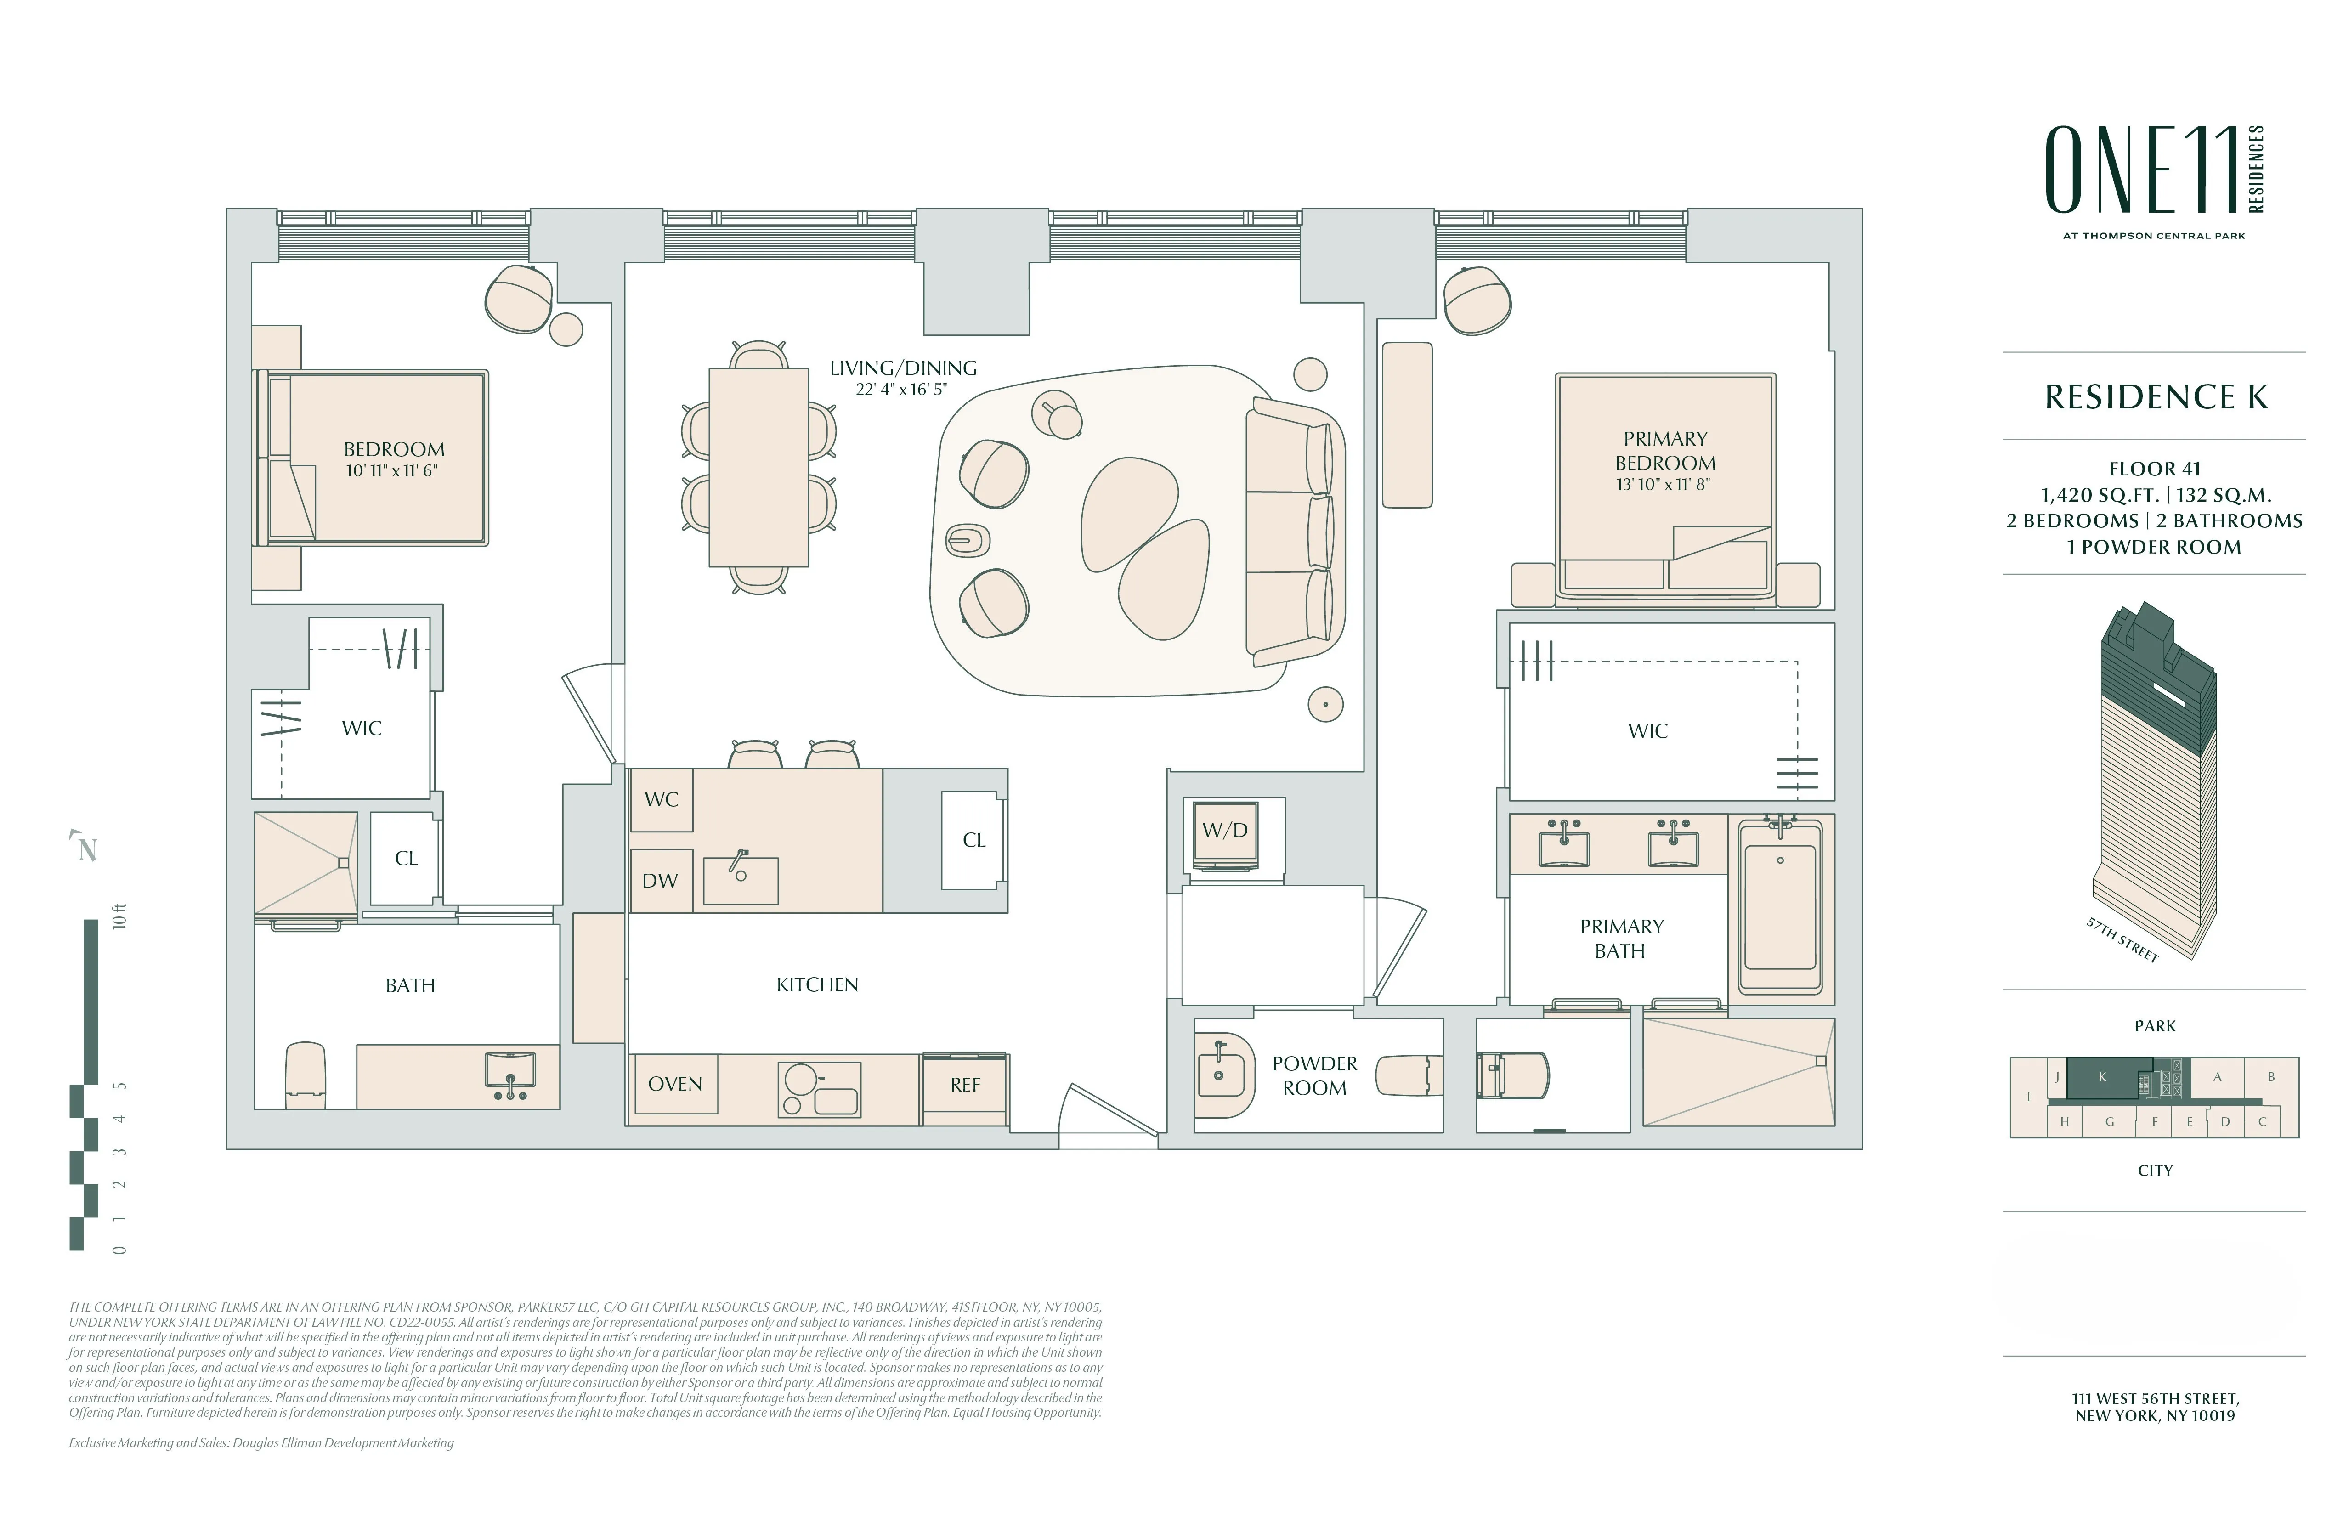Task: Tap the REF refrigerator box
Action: [x=965, y=1085]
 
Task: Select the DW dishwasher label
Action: [x=660, y=881]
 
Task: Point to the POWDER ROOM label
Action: [x=1314, y=1076]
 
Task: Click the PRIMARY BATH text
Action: [x=1620, y=938]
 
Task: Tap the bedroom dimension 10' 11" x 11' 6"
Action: [x=392, y=471]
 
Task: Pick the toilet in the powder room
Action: [x=1408, y=1076]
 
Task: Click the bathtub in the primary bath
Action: [x=1780, y=905]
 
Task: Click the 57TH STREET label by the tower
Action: [x=2122, y=940]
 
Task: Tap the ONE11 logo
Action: [x=2141, y=170]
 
